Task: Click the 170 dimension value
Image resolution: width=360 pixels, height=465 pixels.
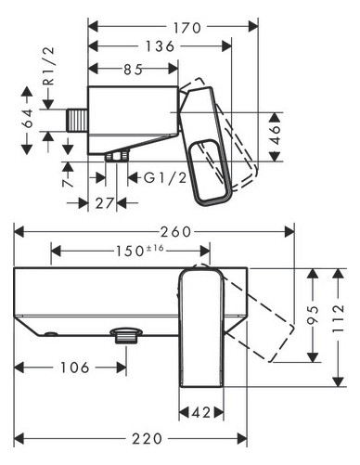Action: (x=186, y=28)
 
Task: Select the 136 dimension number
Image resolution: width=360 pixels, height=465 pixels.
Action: (x=160, y=46)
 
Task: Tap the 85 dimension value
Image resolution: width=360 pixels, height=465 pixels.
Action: (x=134, y=70)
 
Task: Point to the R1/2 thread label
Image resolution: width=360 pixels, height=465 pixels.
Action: (x=49, y=66)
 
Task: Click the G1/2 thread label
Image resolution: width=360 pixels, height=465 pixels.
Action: (x=165, y=178)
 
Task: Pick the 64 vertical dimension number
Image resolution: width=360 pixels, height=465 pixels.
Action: (x=28, y=118)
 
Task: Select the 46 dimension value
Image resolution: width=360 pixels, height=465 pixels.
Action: (x=275, y=135)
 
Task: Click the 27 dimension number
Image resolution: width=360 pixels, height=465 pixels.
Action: (x=105, y=203)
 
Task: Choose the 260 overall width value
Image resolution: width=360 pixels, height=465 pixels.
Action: (x=175, y=232)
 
